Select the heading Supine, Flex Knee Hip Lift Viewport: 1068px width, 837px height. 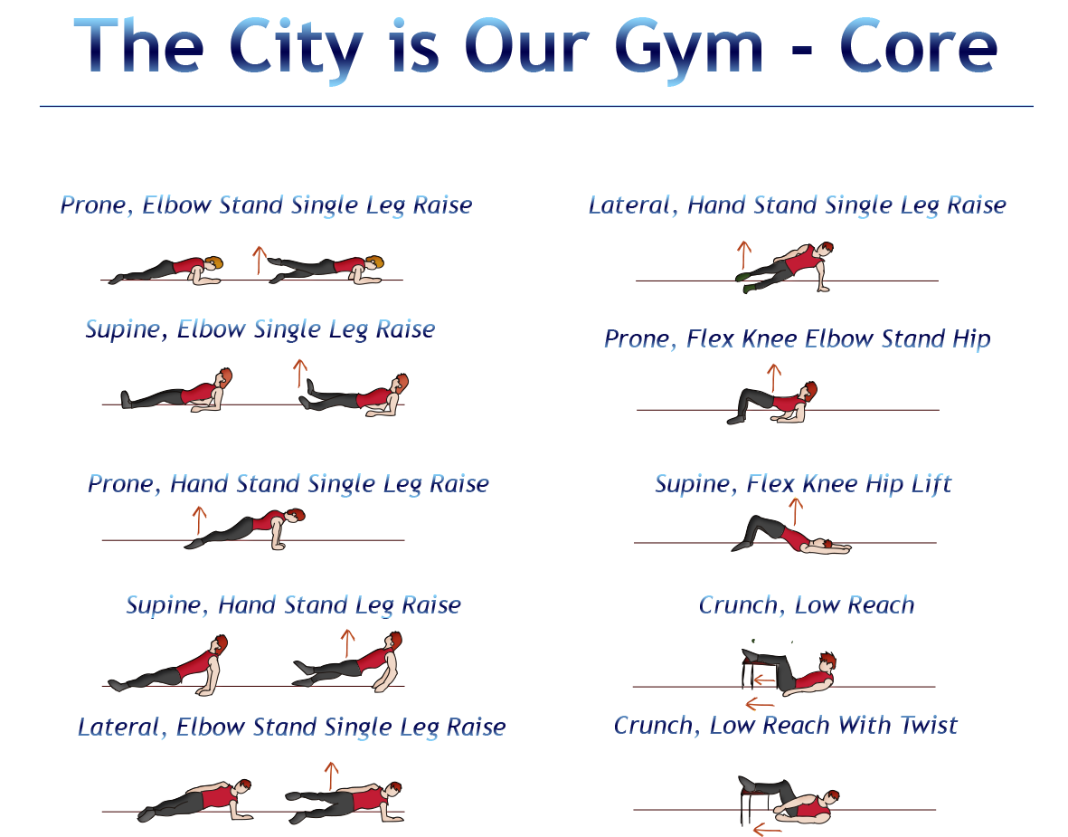[803, 484]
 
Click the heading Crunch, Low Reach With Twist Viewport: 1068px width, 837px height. [785, 726]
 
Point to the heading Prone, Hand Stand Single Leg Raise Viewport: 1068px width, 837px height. [288, 484]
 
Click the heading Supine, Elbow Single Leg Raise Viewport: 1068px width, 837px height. [260, 329]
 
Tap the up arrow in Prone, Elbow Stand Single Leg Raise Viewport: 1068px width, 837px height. [258, 260]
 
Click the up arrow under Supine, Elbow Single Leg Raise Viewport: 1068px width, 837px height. [299, 373]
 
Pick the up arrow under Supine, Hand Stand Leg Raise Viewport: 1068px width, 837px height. [345, 643]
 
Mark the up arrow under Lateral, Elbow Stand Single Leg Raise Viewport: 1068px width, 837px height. [331, 775]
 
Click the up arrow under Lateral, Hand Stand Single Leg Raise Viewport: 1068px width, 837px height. [743, 255]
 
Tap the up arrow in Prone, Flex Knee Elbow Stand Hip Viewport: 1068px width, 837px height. [773, 377]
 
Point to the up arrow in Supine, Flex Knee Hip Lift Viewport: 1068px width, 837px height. [796, 510]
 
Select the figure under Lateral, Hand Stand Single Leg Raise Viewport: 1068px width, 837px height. [785, 268]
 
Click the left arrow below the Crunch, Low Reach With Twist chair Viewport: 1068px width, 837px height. [766, 827]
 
